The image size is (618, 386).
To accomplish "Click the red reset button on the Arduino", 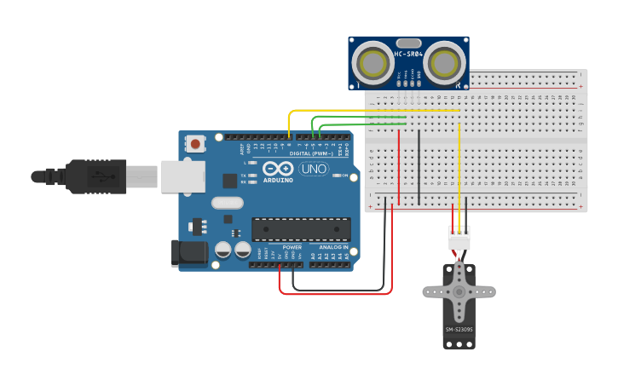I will click(196, 144).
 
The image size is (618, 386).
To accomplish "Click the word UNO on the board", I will click(314, 169).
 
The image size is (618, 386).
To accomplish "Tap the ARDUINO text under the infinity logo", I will click(278, 181).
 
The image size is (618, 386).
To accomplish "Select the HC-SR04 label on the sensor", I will click(409, 55).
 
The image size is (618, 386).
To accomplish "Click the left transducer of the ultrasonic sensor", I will click(373, 63).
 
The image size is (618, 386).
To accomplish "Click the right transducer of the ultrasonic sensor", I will click(445, 63).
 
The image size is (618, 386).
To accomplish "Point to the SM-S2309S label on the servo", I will click(459, 329).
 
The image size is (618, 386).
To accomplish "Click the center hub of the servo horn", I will click(459, 291).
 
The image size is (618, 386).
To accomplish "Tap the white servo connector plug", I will click(459, 238).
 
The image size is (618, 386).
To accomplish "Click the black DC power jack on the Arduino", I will click(189, 253).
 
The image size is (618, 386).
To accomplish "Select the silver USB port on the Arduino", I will click(183, 176).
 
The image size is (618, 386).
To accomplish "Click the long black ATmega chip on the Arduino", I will click(301, 229).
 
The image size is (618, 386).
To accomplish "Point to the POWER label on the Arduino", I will click(292, 247).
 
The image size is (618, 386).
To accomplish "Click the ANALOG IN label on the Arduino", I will click(334, 247).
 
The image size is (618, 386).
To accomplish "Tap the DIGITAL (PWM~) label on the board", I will click(311, 153).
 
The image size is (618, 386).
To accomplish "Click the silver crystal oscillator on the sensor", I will click(409, 43).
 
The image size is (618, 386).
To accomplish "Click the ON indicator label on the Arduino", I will click(344, 176).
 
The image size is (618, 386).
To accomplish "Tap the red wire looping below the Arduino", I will click(337, 294).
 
